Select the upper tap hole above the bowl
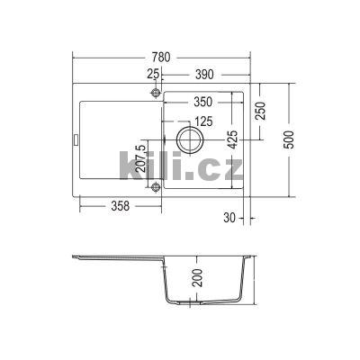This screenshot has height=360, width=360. (x=156, y=93)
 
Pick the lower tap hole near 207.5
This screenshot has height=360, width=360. (x=156, y=186)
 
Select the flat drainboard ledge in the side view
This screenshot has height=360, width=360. (x=117, y=261)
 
